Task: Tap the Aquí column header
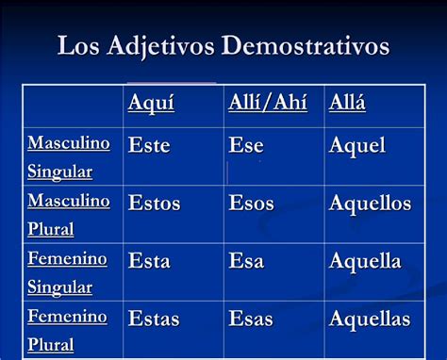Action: (x=152, y=103)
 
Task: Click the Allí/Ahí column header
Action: (x=268, y=103)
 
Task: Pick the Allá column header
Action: (x=347, y=103)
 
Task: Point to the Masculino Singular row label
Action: (x=68, y=157)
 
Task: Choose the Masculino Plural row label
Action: (x=68, y=215)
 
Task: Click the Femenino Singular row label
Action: (x=67, y=272)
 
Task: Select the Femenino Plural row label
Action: (x=67, y=331)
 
